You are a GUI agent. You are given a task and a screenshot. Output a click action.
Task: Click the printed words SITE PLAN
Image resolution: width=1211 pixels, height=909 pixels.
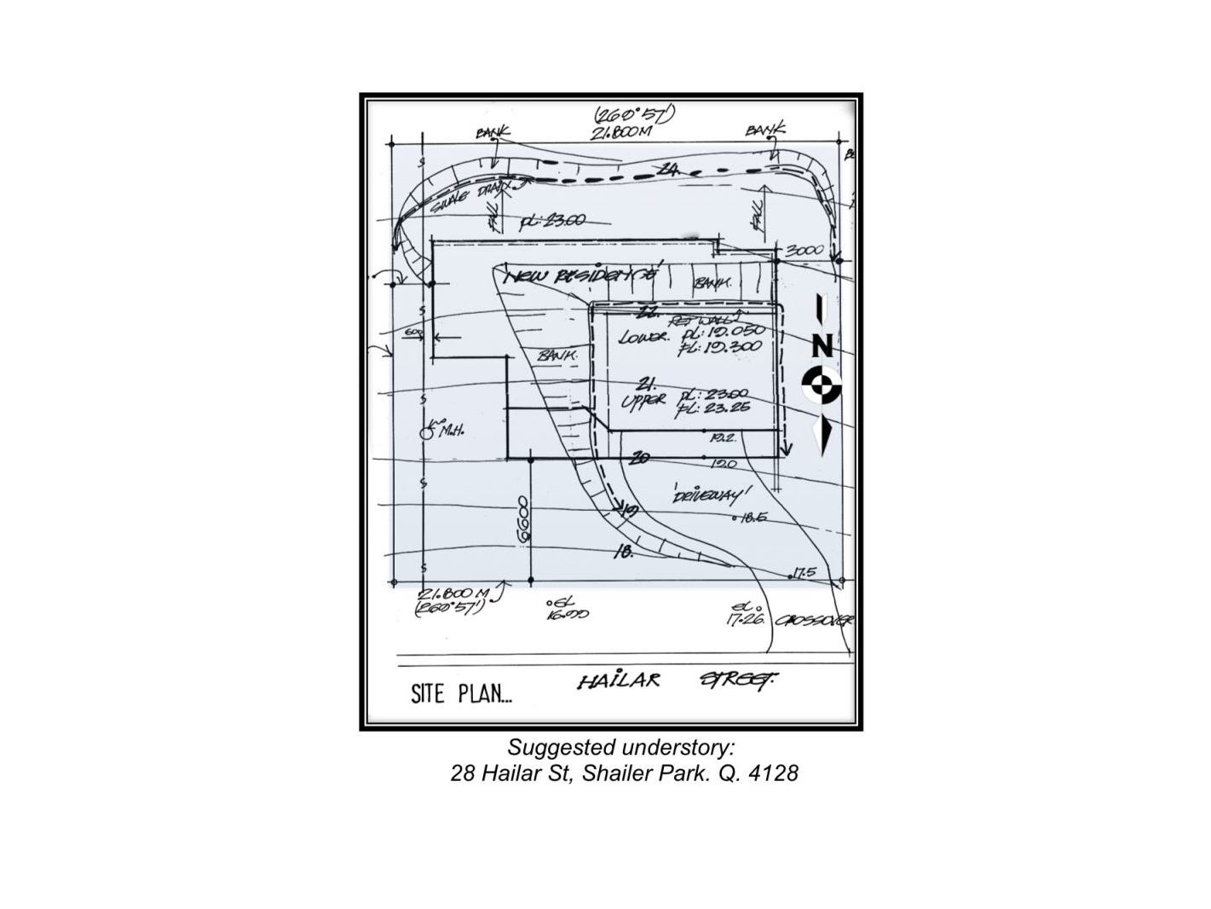[x=461, y=693]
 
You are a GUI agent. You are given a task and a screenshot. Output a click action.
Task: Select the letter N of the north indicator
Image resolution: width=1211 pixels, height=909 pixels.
[x=822, y=345]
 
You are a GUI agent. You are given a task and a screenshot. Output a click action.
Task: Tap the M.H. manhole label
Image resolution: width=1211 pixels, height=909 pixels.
[x=451, y=431]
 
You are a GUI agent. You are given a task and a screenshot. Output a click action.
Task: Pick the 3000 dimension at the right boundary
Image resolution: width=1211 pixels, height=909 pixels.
[x=804, y=251]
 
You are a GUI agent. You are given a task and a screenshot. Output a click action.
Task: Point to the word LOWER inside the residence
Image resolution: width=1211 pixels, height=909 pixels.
[x=644, y=338]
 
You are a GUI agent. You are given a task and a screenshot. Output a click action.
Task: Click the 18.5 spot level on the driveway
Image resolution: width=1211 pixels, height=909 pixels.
[x=753, y=517]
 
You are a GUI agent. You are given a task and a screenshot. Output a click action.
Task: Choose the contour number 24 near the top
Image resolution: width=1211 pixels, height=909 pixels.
[x=670, y=171]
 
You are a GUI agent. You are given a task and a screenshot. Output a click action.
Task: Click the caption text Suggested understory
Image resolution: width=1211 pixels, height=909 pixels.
[x=620, y=748]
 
